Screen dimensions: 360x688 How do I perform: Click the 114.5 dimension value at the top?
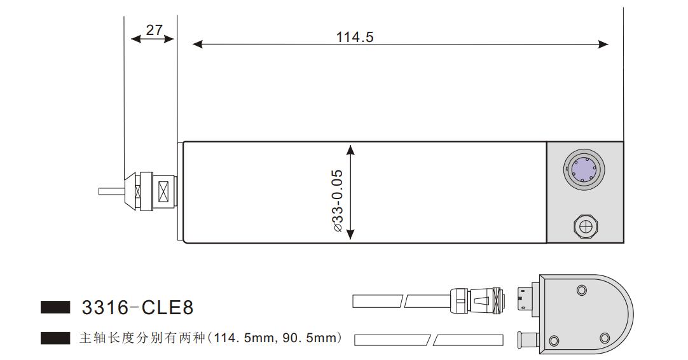coord(355,37)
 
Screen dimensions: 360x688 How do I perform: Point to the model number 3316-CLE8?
coord(137,309)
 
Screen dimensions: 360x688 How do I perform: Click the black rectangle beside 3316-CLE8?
coord(55,308)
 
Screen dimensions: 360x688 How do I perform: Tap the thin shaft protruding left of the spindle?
coord(112,191)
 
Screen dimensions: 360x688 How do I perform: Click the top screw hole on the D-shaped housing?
coord(581,290)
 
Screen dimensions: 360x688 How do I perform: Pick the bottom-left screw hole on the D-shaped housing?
coord(553,340)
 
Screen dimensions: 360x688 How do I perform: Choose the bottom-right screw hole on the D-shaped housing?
coord(604,337)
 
